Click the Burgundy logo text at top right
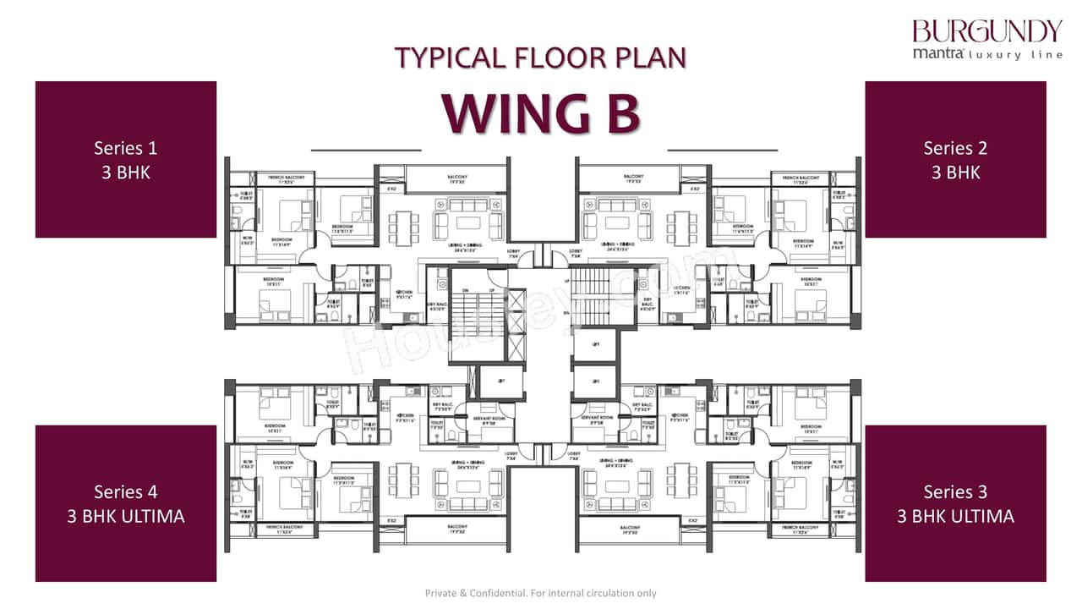pyautogui.click(x=986, y=31)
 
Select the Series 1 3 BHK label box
pyautogui.click(x=125, y=159)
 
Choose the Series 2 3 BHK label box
pyautogui.click(x=955, y=159)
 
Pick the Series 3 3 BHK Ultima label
pyautogui.click(x=955, y=503)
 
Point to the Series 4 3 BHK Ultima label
pyautogui.click(x=125, y=503)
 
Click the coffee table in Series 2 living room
pyautogui.click(x=617, y=224)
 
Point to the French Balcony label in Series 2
pyautogui.click(x=799, y=179)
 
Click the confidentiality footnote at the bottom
pyautogui.click(x=540, y=593)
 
